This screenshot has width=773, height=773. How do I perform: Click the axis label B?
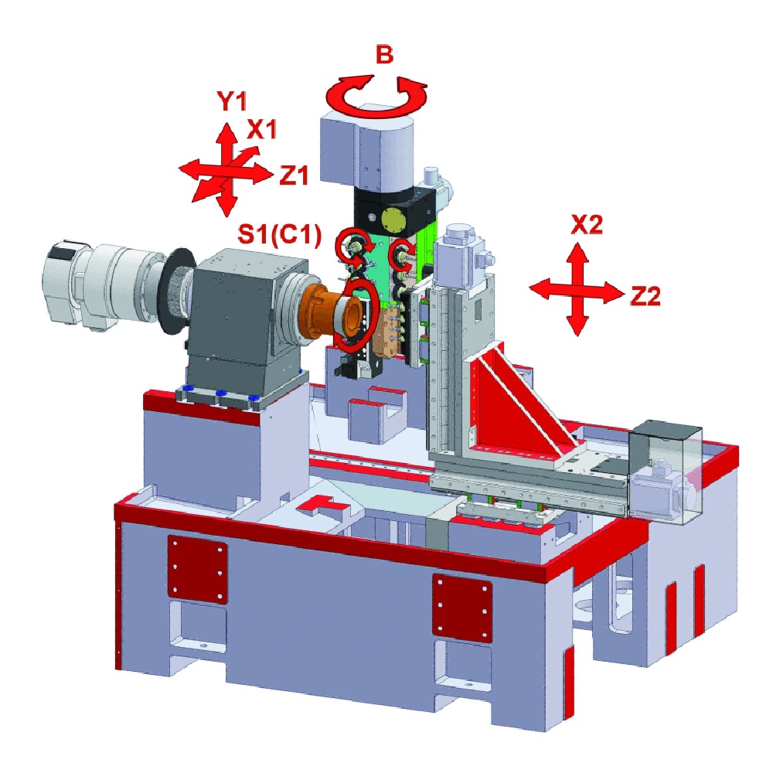[x=384, y=54]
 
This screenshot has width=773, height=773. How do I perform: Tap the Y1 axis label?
[x=232, y=100]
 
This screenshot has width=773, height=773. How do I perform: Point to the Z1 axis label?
[x=294, y=175]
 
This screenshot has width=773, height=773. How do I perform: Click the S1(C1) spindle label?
[x=280, y=234]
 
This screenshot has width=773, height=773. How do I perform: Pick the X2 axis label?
[x=587, y=224]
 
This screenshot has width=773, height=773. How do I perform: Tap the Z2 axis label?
[x=645, y=296]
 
